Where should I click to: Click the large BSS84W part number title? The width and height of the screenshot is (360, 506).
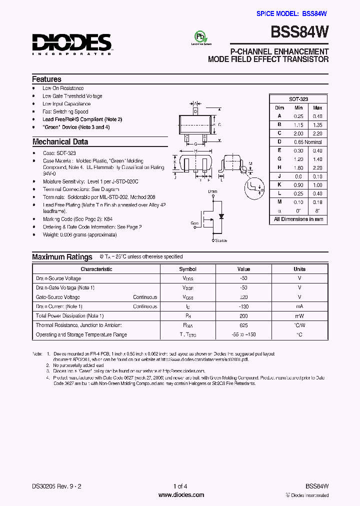(299, 32)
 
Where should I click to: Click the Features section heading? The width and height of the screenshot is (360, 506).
(46, 79)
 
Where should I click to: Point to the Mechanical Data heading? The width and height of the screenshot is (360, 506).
(60, 141)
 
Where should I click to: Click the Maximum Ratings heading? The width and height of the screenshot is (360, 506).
(62, 257)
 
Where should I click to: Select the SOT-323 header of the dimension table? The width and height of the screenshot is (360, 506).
(298, 99)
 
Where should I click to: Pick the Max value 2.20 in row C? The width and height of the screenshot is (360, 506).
(317, 133)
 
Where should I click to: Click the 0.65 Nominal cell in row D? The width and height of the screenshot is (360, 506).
(308, 142)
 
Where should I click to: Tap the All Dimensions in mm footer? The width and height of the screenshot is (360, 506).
(298, 219)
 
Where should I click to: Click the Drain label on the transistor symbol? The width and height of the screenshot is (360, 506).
(212, 191)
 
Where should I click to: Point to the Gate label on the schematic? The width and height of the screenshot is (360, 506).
(195, 223)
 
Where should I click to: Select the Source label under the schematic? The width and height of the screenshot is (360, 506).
(220, 240)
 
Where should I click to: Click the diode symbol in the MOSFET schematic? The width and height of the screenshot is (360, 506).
(221, 216)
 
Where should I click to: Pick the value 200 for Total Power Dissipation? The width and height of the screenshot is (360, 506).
(243, 316)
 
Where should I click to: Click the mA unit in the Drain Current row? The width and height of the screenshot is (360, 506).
(299, 306)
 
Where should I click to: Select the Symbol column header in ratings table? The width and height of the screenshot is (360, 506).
(188, 269)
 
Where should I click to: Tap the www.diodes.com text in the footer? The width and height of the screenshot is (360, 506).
(180, 495)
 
